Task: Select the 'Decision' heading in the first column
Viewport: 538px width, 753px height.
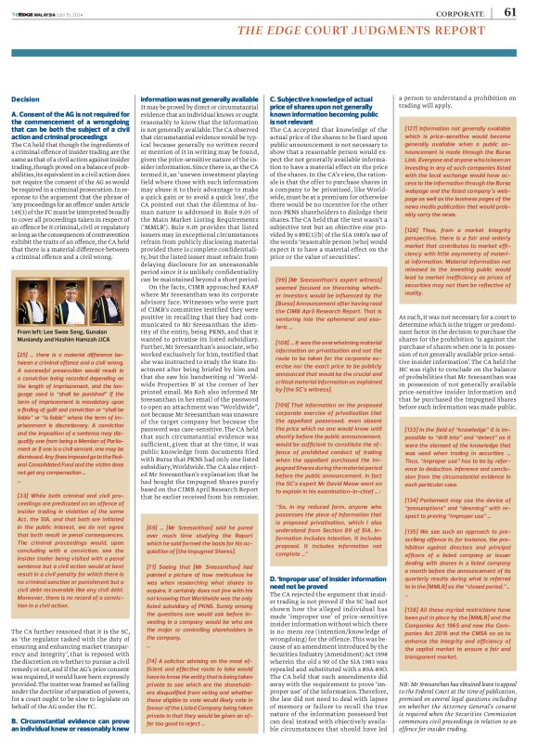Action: coord(27,98)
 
